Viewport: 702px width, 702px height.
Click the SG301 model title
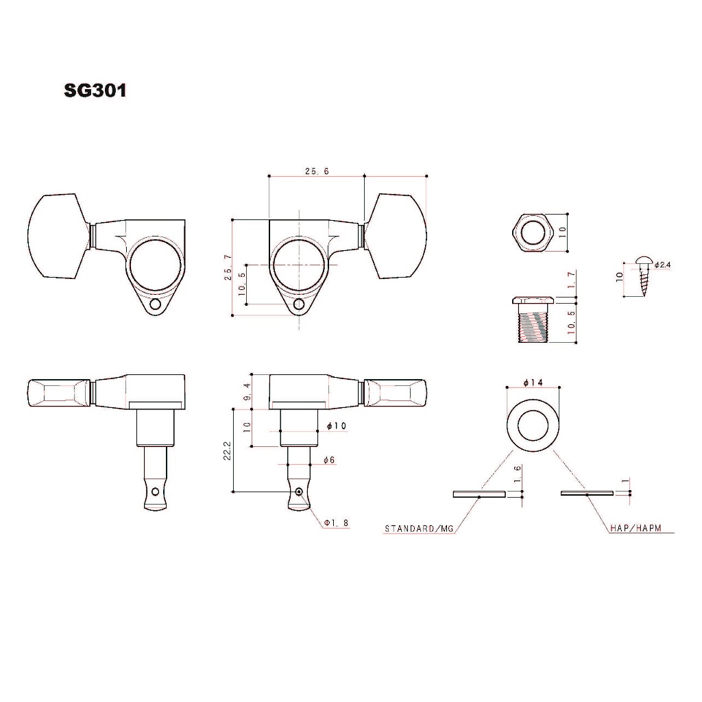pos(95,90)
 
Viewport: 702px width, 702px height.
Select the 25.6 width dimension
pos(317,171)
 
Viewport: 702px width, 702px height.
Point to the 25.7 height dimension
pos(228,267)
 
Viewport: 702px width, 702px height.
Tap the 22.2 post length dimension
pos(227,450)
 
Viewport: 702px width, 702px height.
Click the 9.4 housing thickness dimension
pos(247,391)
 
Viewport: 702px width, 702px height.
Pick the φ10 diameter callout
pos(337,425)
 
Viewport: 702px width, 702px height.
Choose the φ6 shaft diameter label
pos(329,460)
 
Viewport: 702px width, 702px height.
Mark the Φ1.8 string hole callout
pos(336,522)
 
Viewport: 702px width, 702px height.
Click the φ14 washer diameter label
pos(533,382)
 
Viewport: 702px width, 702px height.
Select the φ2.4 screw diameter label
pos(663,265)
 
